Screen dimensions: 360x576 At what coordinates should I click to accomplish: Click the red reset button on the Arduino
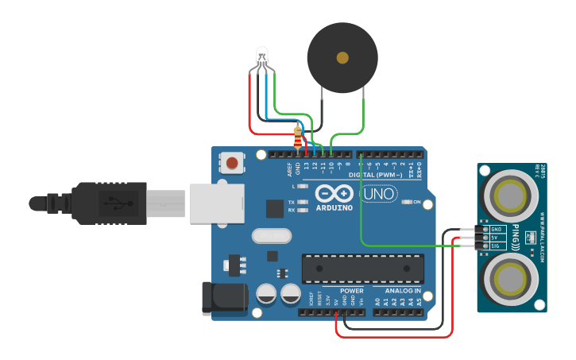(231, 164)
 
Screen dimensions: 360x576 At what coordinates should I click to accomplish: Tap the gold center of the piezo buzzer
(342, 57)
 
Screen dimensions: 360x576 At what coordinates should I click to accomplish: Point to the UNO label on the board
(379, 193)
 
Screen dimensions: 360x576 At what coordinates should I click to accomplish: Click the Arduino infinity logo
(333, 193)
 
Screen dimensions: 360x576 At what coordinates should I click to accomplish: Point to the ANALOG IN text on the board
(402, 291)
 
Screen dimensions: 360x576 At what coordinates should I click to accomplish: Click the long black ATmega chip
(362, 269)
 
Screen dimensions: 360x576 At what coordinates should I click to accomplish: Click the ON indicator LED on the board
(407, 202)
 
